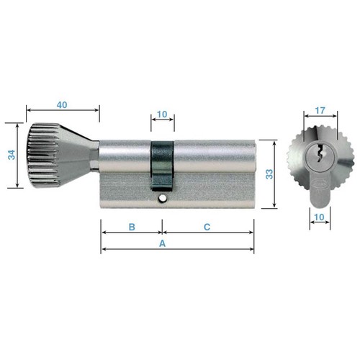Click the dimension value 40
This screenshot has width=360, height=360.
(x=62, y=105)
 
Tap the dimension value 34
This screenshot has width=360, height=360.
(x=12, y=155)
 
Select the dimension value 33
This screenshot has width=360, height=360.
(x=269, y=174)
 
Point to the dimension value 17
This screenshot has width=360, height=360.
(x=320, y=110)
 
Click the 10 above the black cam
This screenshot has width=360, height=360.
(x=162, y=114)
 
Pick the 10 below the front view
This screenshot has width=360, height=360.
(x=319, y=217)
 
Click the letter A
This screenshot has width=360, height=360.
(x=163, y=243)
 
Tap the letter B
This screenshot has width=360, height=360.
(x=132, y=227)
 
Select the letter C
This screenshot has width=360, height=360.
(x=207, y=227)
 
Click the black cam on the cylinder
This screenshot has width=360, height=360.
(x=162, y=166)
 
